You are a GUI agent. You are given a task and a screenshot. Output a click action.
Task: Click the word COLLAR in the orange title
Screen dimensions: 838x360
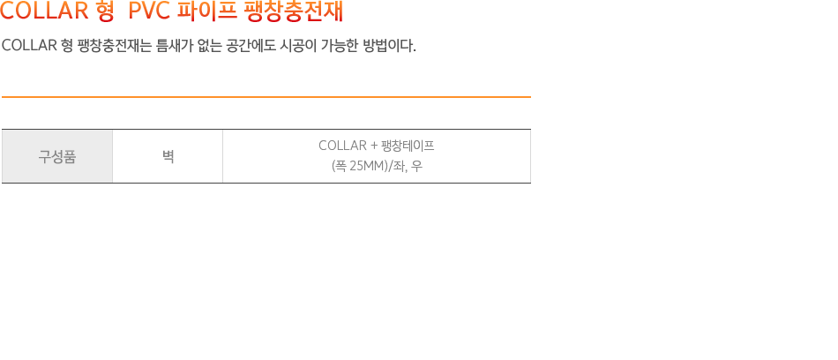pos(44,11)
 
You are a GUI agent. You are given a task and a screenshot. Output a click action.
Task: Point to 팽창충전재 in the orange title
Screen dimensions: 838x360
pos(292,11)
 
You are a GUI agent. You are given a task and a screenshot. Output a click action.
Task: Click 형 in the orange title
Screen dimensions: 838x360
pos(105,11)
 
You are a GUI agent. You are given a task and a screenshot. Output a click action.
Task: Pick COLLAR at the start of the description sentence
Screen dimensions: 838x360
pos(29,46)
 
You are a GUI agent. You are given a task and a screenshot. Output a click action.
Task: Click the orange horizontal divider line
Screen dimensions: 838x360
pos(266,97)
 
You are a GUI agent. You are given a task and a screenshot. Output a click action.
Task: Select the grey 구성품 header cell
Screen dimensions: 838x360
pos(57,156)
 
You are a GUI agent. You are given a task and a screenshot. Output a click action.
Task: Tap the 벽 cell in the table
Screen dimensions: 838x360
pos(168,156)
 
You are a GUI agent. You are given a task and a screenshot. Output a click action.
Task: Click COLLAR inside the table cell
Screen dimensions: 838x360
pos(342,146)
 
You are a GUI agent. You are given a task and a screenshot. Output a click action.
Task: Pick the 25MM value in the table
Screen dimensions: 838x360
pos(368,167)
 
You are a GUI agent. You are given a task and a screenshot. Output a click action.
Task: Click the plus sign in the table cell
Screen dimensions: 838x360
pos(374,146)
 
